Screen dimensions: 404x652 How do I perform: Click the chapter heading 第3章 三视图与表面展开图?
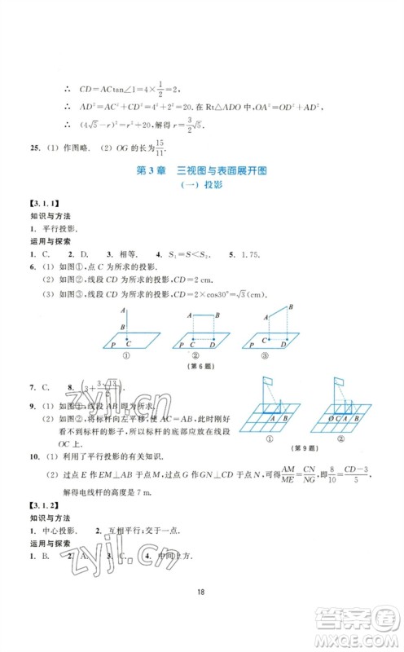[x=201, y=171]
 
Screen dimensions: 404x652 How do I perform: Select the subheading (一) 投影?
[x=201, y=186]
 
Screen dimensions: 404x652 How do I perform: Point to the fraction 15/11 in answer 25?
[x=156, y=146]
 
